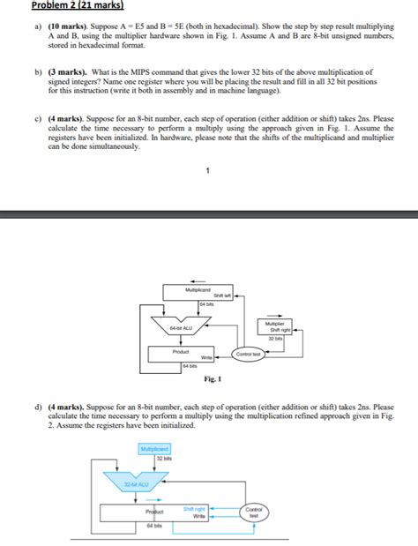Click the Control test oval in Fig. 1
coord(248,354)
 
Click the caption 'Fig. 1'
coord(210,380)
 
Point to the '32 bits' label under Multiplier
coord(276,338)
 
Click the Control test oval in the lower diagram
coord(253,512)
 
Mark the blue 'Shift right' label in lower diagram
coord(194,508)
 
